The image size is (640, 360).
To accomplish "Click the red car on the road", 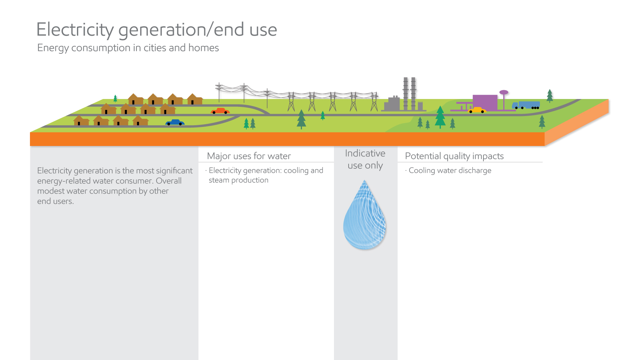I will [x=220, y=111].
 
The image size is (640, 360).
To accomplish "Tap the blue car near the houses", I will [x=175, y=122].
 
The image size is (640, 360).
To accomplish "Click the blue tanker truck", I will [x=526, y=105].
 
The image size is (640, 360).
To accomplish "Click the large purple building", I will [x=485, y=102].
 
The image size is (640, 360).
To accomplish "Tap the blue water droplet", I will [x=365, y=218].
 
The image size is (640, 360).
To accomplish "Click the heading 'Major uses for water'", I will [x=249, y=156].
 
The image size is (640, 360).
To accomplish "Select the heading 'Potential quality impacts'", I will [x=454, y=156].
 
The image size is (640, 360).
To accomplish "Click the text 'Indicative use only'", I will [x=365, y=159].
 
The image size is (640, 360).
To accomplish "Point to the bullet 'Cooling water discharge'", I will [x=450, y=170].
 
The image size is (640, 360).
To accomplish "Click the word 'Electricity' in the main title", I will [x=75, y=30].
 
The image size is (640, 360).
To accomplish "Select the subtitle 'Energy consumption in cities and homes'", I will [x=128, y=48].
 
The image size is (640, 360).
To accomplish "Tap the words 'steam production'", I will [x=238, y=180].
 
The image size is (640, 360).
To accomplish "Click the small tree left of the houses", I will [x=115, y=99].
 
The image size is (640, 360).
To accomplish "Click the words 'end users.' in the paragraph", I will [x=55, y=201].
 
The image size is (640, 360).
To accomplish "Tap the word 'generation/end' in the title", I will [x=181, y=30].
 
